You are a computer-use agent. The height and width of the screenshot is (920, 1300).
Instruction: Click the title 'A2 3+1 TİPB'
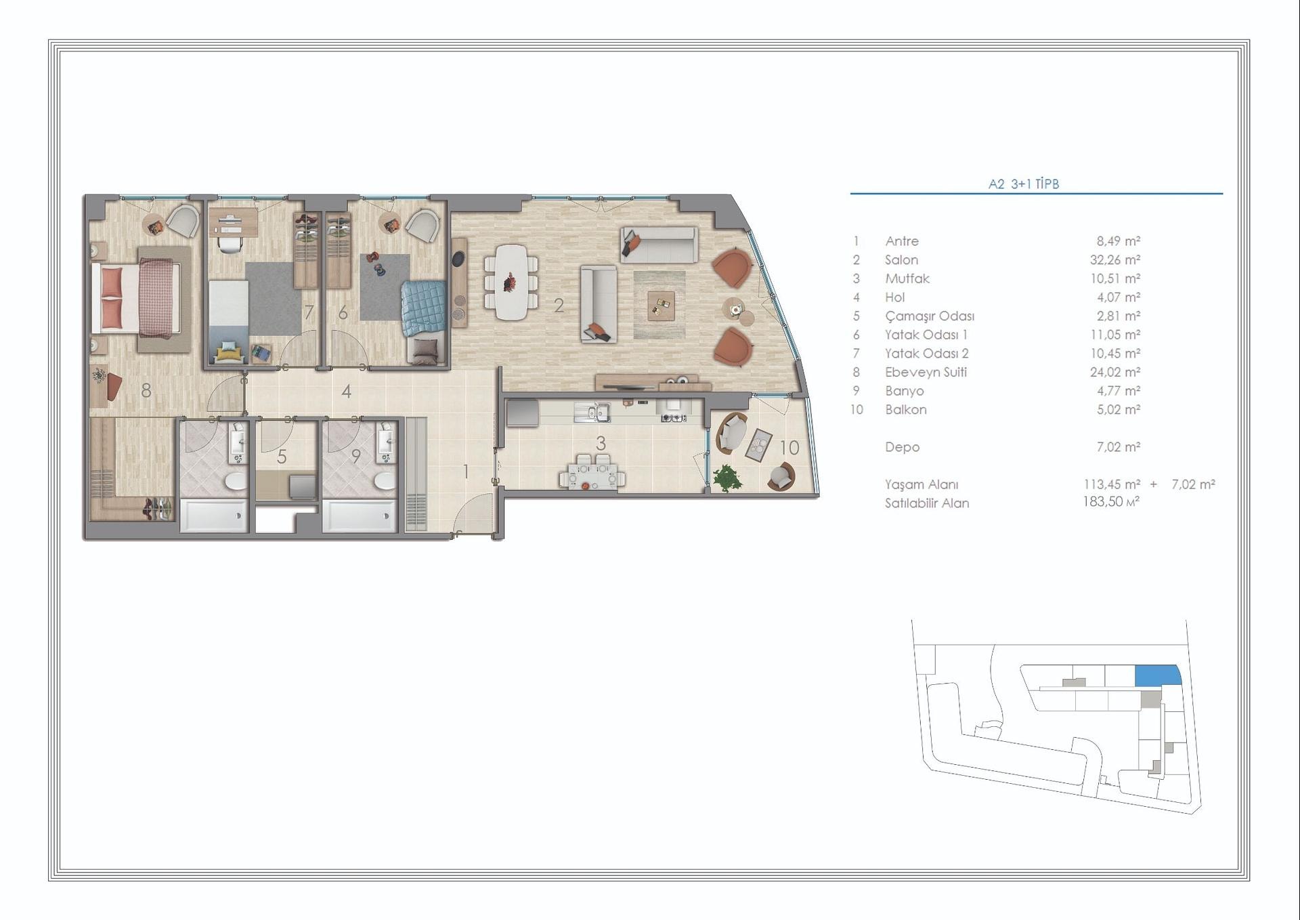click(1023, 184)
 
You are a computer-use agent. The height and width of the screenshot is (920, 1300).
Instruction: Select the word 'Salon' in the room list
click(901, 259)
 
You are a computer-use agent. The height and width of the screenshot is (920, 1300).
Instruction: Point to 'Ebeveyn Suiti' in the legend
click(926, 372)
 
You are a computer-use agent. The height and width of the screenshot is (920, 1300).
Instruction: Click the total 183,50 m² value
click(1111, 501)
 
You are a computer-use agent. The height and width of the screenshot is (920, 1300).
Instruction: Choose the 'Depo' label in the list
click(902, 447)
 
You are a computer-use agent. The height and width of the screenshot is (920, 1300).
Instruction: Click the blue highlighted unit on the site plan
click(1158, 675)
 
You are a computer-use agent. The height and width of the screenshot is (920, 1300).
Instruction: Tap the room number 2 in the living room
click(559, 306)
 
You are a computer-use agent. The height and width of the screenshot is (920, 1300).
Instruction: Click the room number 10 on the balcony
click(789, 447)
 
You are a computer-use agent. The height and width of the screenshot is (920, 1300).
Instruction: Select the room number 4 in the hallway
click(346, 391)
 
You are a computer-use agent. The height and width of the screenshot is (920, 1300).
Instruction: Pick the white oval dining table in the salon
click(512, 281)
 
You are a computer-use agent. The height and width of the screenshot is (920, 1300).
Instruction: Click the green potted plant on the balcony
click(727, 478)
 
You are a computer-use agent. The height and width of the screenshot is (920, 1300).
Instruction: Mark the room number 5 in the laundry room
click(282, 457)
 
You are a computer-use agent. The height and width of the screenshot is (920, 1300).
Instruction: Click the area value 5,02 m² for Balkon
click(1119, 409)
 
